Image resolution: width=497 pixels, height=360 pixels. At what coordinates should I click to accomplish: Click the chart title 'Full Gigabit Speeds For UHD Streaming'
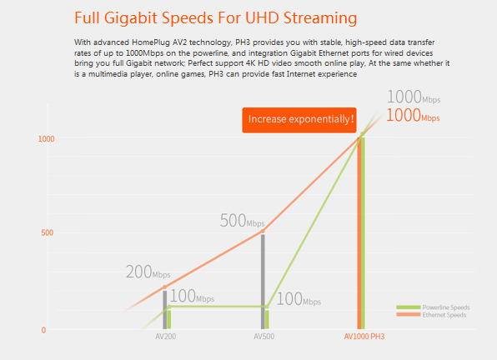pos(215,17)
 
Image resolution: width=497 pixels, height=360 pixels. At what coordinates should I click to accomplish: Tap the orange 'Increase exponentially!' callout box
pos(299,120)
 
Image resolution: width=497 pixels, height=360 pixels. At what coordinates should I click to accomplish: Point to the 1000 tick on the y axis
pos(46,139)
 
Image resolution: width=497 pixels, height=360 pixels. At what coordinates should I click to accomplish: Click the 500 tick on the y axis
pos(48,232)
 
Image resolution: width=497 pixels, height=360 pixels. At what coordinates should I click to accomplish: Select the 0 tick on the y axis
pos(43,330)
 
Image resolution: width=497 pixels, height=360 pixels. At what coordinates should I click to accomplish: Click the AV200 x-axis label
pos(165,337)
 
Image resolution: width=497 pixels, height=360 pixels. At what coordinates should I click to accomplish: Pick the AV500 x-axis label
pos(264,337)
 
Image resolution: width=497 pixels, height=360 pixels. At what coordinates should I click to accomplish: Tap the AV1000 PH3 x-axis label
pos(364,337)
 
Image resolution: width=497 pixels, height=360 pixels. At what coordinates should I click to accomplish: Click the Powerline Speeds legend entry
pos(433,307)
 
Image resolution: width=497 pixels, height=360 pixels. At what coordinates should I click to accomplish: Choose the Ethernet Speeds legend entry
pos(431,315)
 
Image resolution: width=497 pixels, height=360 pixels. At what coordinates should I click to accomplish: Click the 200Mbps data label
pos(148,272)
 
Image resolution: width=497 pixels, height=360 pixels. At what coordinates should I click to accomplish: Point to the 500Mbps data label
pos(242,221)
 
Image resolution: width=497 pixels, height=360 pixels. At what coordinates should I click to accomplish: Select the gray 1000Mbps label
pos(414,97)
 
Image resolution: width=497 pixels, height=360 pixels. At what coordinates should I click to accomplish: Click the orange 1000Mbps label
pos(413,116)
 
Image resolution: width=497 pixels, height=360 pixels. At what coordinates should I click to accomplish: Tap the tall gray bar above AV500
pos(263,282)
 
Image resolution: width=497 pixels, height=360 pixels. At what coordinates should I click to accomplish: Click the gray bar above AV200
pos(165,310)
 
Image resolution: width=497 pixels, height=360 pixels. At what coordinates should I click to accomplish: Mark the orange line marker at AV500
pos(263,232)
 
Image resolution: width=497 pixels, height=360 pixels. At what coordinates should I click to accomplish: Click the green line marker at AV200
pos(169,307)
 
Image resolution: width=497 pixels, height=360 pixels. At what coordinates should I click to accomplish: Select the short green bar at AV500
pos(267,320)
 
